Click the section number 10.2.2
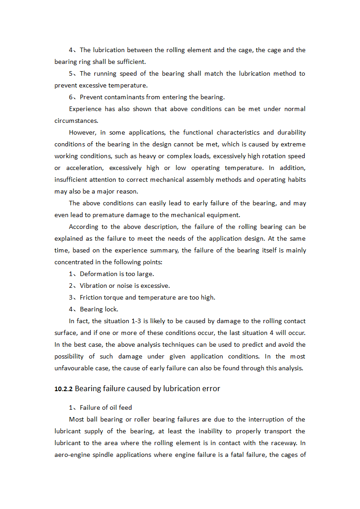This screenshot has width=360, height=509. point(63,389)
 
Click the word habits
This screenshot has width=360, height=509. point(295,179)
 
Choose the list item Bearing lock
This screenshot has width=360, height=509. point(99,309)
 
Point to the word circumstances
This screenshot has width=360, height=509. point(76,121)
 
